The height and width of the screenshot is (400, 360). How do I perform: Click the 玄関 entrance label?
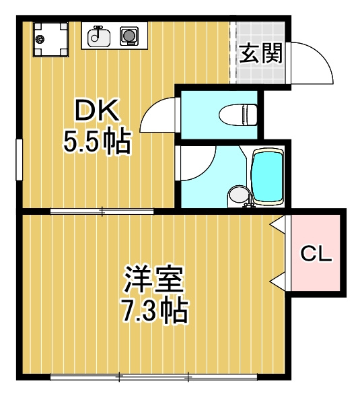[x=261, y=53]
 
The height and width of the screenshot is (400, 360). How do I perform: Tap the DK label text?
[x=97, y=110]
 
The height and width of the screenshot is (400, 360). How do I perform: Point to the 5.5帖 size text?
[x=97, y=141]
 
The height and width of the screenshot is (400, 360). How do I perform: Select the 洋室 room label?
[x=153, y=279]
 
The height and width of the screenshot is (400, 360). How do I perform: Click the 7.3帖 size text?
[x=155, y=310]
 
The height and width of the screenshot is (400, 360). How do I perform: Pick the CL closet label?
[x=316, y=254]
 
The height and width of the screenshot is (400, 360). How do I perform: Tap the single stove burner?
[x=129, y=36]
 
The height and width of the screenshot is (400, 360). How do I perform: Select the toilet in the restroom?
[x=238, y=114]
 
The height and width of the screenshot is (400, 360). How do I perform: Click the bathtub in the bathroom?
[x=267, y=176]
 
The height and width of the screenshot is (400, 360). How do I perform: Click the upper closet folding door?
[x=279, y=224]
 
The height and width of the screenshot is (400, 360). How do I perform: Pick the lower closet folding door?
[x=279, y=281]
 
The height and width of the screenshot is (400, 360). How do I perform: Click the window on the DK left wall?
[x=19, y=160]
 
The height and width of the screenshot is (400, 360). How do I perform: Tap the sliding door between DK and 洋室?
[x=102, y=211]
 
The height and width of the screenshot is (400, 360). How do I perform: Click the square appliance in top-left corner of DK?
[x=50, y=39]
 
